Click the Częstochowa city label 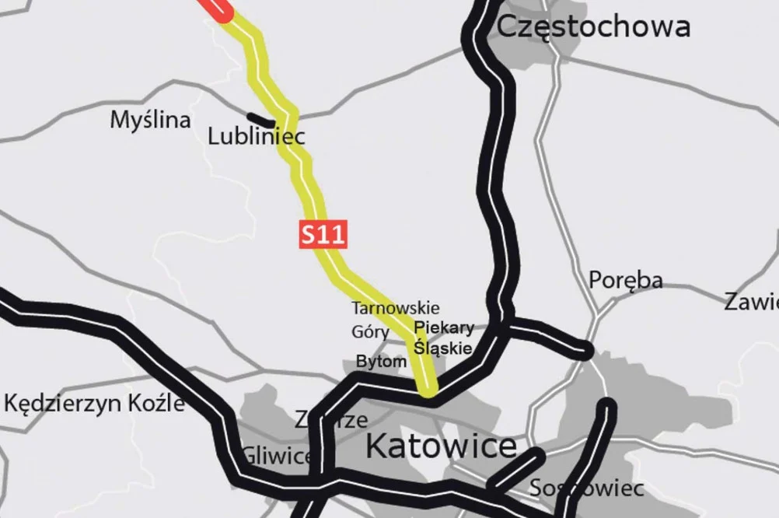(x=592, y=26)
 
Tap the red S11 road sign (x=322, y=235)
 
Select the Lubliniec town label (x=256, y=137)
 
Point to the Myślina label (x=150, y=120)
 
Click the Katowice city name (x=441, y=446)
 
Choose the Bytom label (x=381, y=362)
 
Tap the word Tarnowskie (x=395, y=308)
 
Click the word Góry (x=370, y=332)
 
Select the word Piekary (x=444, y=327)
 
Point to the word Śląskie (x=442, y=348)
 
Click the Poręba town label (x=625, y=280)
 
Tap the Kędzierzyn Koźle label (x=94, y=403)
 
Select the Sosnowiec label (x=586, y=488)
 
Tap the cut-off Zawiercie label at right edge (x=751, y=302)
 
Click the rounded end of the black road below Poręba (x=585, y=352)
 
